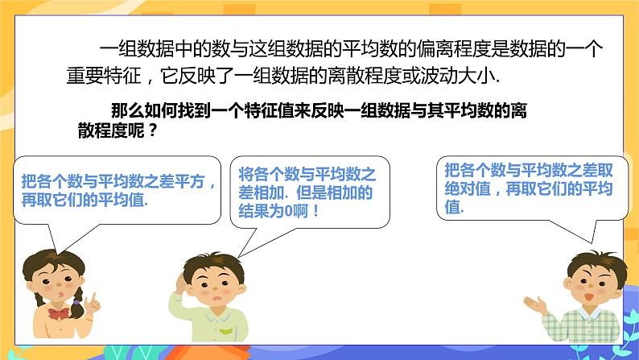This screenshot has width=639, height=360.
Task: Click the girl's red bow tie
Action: coord(59,312)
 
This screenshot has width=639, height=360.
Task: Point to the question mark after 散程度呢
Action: coord(153,131)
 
